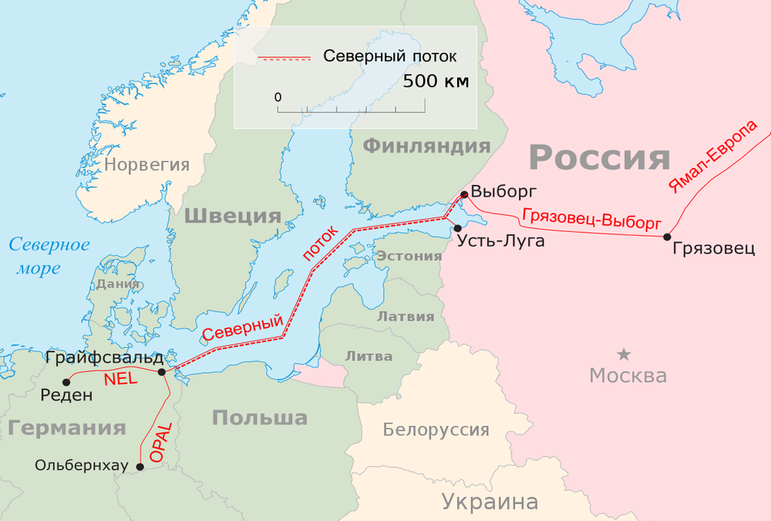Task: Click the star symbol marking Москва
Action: click(x=623, y=355)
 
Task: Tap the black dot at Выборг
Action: click(x=464, y=195)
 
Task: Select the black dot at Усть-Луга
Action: click(x=458, y=228)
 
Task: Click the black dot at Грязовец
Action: click(x=667, y=237)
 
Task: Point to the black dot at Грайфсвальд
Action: click(x=162, y=372)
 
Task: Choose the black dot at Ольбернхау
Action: click(x=140, y=466)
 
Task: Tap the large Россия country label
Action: click(x=599, y=158)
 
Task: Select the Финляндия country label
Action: click(x=426, y=146)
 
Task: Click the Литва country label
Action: click(x=369, y=356)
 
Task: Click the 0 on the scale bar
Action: click(x=278, y=97)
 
